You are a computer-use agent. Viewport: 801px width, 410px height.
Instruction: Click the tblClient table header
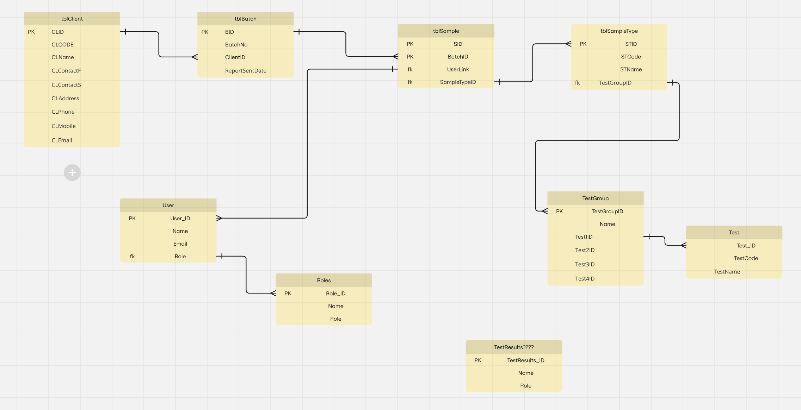click(72, 19)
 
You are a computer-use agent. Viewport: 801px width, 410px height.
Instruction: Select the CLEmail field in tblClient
click(62, 140)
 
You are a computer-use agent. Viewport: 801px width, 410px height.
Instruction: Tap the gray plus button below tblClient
click(72, 173)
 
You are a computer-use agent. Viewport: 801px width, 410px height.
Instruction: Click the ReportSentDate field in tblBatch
click(246, 71)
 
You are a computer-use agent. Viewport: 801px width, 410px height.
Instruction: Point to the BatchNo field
click(236, 45)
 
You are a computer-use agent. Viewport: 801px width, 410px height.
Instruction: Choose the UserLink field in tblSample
click(458, 70)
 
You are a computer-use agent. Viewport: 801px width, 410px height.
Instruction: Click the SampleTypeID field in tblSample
click(458, 82)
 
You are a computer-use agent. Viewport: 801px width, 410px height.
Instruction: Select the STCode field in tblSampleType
click(631, 57)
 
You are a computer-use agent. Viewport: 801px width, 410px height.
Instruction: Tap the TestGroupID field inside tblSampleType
click(615, 83)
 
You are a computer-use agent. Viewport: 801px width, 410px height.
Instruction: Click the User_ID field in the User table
click(180, 219)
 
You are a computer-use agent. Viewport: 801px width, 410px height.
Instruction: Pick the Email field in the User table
click(180, 244)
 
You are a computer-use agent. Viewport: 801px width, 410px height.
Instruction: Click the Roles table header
click(324, 280)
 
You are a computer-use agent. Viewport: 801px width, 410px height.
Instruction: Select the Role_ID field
click(335, 294)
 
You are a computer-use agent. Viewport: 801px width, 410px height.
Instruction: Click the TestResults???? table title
click(513, 347)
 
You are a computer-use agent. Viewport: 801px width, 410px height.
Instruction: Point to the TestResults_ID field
click(525, 360)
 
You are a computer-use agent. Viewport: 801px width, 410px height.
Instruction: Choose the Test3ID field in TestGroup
click(585, 265)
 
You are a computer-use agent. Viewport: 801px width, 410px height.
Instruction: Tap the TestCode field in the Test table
click(746, 258)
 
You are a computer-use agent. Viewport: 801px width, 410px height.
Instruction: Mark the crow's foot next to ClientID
click(195, 57)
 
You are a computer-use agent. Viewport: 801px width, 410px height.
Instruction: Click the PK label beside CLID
click(31, 32)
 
